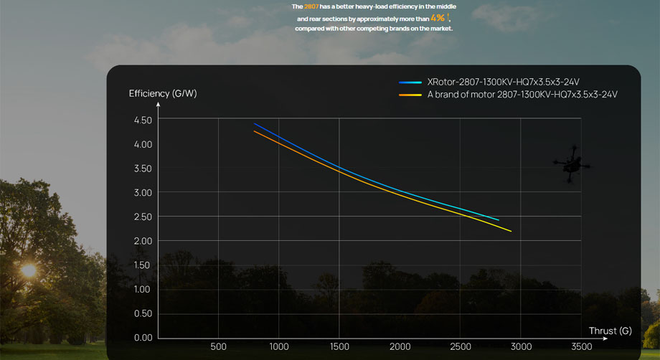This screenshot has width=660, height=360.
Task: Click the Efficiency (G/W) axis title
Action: point(162,93)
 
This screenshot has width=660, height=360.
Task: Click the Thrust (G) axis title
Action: point(610,331)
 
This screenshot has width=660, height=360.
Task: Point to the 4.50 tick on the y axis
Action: point(143,120)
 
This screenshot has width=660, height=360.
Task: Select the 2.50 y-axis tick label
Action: point(143,217)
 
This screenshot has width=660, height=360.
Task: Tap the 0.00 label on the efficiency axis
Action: point(143,337)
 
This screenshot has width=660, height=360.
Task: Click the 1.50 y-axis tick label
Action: point(143,265)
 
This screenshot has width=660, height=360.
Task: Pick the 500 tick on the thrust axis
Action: point(218,347)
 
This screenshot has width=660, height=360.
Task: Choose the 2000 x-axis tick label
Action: point(400,347)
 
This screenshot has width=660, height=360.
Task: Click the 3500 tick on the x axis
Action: point(582,347)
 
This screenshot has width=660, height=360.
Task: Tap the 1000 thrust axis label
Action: point(278,347)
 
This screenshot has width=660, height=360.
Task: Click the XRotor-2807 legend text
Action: point(503,82)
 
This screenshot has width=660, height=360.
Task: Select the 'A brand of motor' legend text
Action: point(522,94)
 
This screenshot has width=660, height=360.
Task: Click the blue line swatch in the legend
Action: point(410,82)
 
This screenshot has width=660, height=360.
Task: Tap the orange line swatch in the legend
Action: point(410,94)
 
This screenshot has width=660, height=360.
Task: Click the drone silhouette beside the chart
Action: point(572,164)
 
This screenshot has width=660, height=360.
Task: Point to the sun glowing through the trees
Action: point(28,270)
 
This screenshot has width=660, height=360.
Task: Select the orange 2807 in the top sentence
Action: point(311,6)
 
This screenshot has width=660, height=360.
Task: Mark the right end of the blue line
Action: point(498,219)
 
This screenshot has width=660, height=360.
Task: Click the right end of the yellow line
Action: point(511,231)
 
